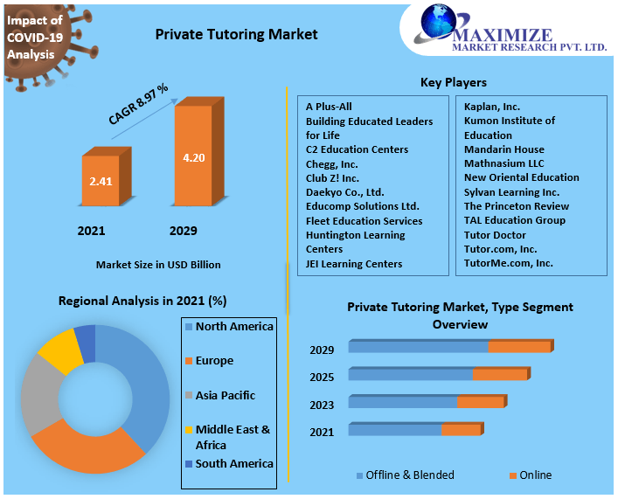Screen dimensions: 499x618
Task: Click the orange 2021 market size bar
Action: (x=101, y=183)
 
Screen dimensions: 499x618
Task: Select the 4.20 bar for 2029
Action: (x=193, y=158)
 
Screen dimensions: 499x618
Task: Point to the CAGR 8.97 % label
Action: (x=138, y=103)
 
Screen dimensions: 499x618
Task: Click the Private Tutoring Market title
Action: (x=236, y=35)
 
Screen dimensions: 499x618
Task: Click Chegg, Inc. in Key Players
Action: (x=331, y=163)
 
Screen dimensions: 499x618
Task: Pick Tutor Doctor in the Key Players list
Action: (x=495, y=234)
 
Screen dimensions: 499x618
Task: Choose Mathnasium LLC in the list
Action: (x=503, y=163)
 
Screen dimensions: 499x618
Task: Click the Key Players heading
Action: (x=453, y=82)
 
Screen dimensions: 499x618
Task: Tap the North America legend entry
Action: (x=233, y=326)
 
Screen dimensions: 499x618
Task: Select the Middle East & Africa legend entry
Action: (x=233, y=436)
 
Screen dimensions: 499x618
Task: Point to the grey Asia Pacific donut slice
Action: (x=38, y=393)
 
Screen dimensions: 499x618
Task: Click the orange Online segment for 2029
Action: (x=519, y=347)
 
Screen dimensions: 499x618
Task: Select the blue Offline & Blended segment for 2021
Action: (x=395, y=429)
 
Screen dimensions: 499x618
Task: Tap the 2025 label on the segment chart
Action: (x=322, y=378)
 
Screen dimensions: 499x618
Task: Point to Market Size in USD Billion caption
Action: (x=157, y=264)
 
